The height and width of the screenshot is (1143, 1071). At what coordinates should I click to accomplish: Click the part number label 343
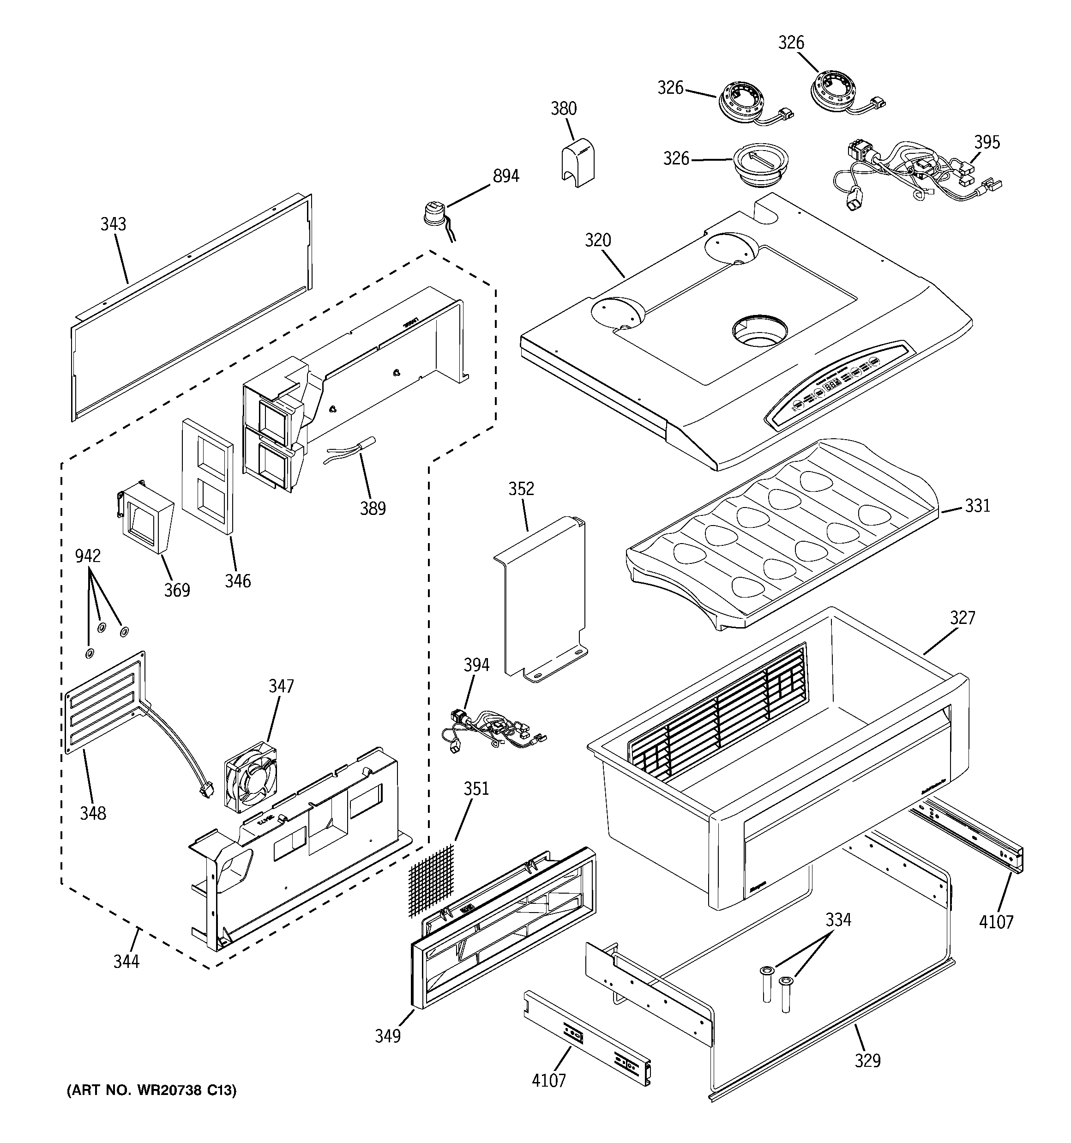(x=113, y=224)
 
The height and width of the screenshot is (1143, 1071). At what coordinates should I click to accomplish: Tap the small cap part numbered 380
(x=577, y=164)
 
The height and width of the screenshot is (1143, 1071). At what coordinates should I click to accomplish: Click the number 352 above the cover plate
(x=521, y=489)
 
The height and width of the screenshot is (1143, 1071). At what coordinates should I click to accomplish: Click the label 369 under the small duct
(x=177, y=590)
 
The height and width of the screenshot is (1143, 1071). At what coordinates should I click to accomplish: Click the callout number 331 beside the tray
(x=977, y=506)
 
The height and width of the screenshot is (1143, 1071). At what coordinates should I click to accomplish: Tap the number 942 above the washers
(x=88, y=556)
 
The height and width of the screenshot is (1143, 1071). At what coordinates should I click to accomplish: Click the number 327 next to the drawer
(x=963, y=617)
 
